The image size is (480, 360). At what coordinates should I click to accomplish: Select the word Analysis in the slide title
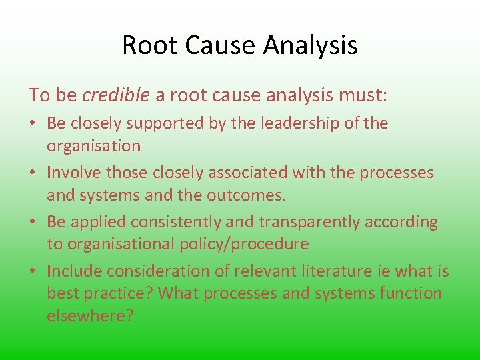coord(311,45)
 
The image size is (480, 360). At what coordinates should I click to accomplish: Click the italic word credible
coord(116,95)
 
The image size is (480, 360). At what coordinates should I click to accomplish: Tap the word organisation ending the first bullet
coord(93,146)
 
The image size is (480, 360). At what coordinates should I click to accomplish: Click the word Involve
coord(73,173)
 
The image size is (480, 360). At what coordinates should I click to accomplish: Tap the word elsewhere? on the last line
coord(90,316)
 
